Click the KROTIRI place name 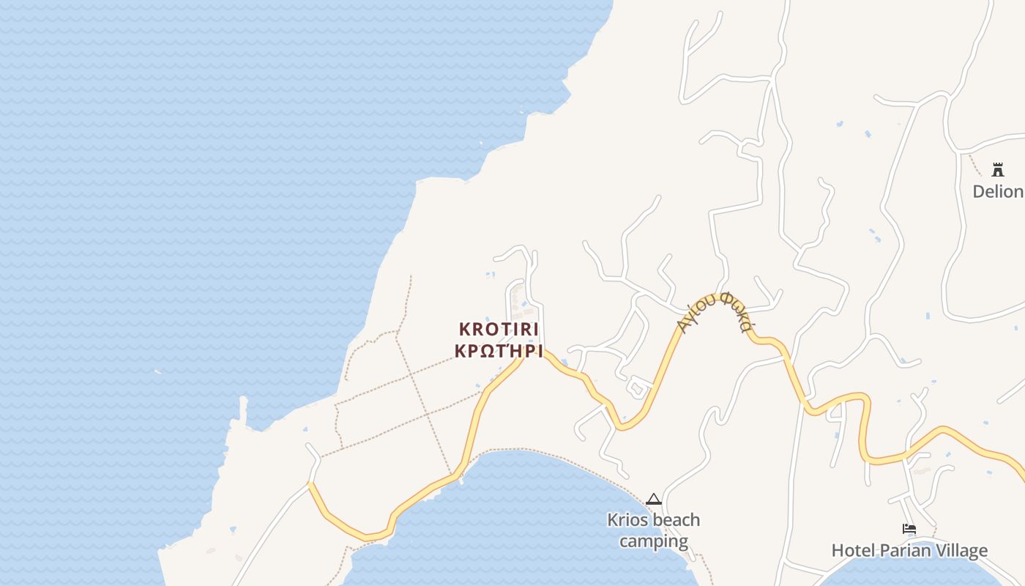click(x=499, y=329)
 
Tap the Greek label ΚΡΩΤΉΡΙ click(x=499, y=351)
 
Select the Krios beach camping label click(x=653, y=531)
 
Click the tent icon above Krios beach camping click(x=654, y=500)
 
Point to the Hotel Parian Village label click(x=909, y=551)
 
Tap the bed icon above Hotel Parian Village click(x=909, y=528)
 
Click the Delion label click(x=998, y=191)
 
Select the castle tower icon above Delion click(x=997, y=170)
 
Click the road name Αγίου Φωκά click(x=714, y=311)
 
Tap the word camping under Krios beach click(x=653, y=542)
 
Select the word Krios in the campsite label click(x=626, y=520)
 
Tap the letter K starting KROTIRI click(x=464, y=329)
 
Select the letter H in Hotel click(x=838, y=551)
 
